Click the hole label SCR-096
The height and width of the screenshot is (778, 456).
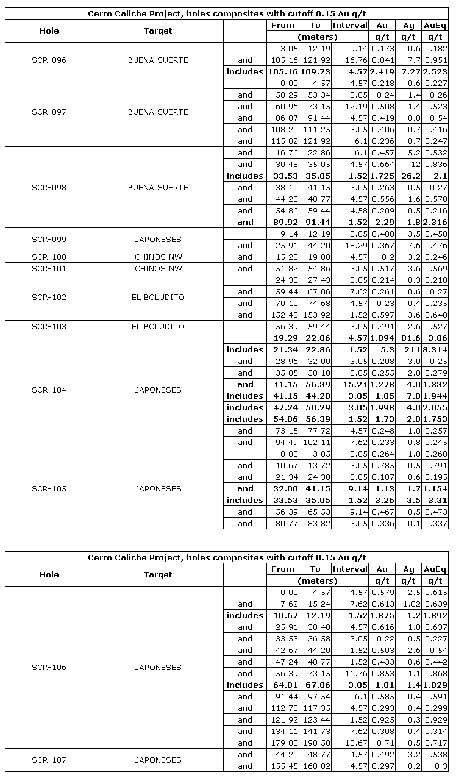tap(49, 60)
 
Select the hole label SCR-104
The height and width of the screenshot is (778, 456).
tap(49, 390)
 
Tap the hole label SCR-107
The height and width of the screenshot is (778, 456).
tap(49, 760)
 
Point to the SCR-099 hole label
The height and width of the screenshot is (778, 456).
tap(49, 240)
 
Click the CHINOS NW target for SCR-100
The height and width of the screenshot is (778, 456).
tap(158, 257)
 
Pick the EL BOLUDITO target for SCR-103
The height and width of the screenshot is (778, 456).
tap(158, 327)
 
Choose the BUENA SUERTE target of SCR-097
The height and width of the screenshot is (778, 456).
tap(158, 112)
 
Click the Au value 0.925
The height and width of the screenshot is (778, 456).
tap(382, 720)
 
